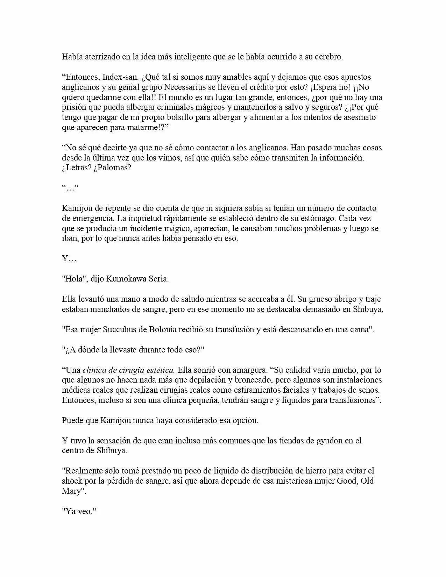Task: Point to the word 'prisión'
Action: coord(73,107)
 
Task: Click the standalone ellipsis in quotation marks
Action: coord(70,188)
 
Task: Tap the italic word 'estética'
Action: coord(163,370)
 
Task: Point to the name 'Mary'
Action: coord(71,491)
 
